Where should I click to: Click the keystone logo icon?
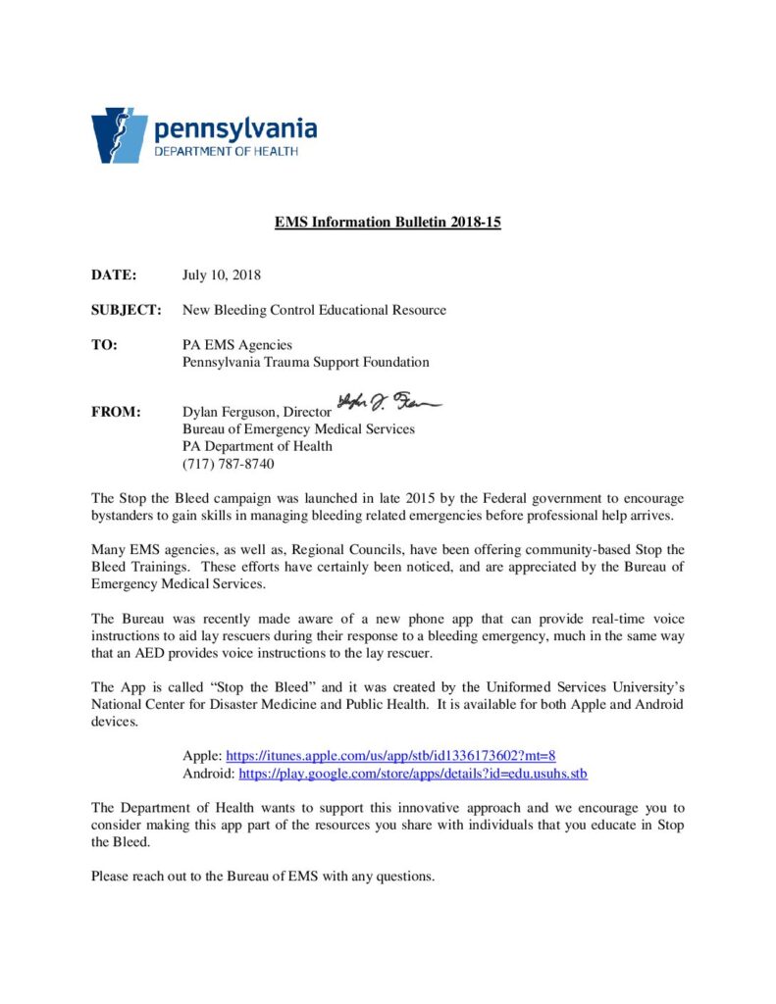coord(119,135)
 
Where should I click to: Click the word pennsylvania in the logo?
coord(235,128)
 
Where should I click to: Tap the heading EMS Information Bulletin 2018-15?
coord(388,223)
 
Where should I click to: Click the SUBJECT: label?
coord(126,310)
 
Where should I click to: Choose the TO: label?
coord(104,345)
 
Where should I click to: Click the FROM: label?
coord(116,412)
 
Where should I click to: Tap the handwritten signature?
coord(389,402)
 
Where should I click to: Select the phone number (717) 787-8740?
coord(229,464)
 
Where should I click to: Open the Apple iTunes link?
coord(391,756)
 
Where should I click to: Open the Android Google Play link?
coord(413,774)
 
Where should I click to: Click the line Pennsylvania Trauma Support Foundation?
coord(306,363)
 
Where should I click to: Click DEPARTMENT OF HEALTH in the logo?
coord(226,152)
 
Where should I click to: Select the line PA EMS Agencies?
coord(237,345)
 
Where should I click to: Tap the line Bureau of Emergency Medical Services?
coord(298,428)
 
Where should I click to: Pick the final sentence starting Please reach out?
coord(263,876)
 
